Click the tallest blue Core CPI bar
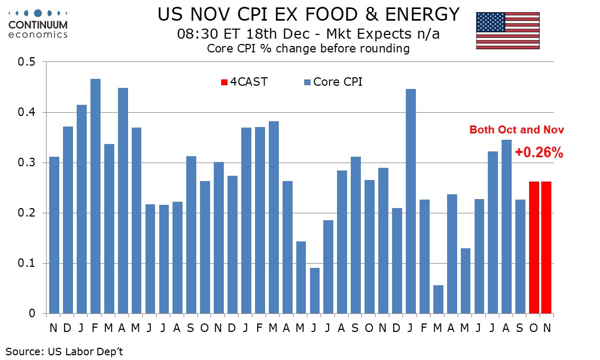pyautogui.click(x=95, y=196)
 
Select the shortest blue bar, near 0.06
pyautogui.click(x=438, y=299)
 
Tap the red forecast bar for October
pyautogui.click(x=534, y=247)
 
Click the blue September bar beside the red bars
pyautogui.click(x=520, y=256)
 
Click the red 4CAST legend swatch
pyautogui.click(x=224, y=82)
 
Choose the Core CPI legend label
pyautogui.click(x=338, y=82)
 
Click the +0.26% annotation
pyautogui.click(x=539, y=152)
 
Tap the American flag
pyautogui.click(x=507, y=31)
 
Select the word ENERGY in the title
pyautogui.click(x=423, y=14)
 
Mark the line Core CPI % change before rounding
pyautogui.click(x=308, y=49)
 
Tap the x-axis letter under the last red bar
pyautogui.click(x=547, y=328)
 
